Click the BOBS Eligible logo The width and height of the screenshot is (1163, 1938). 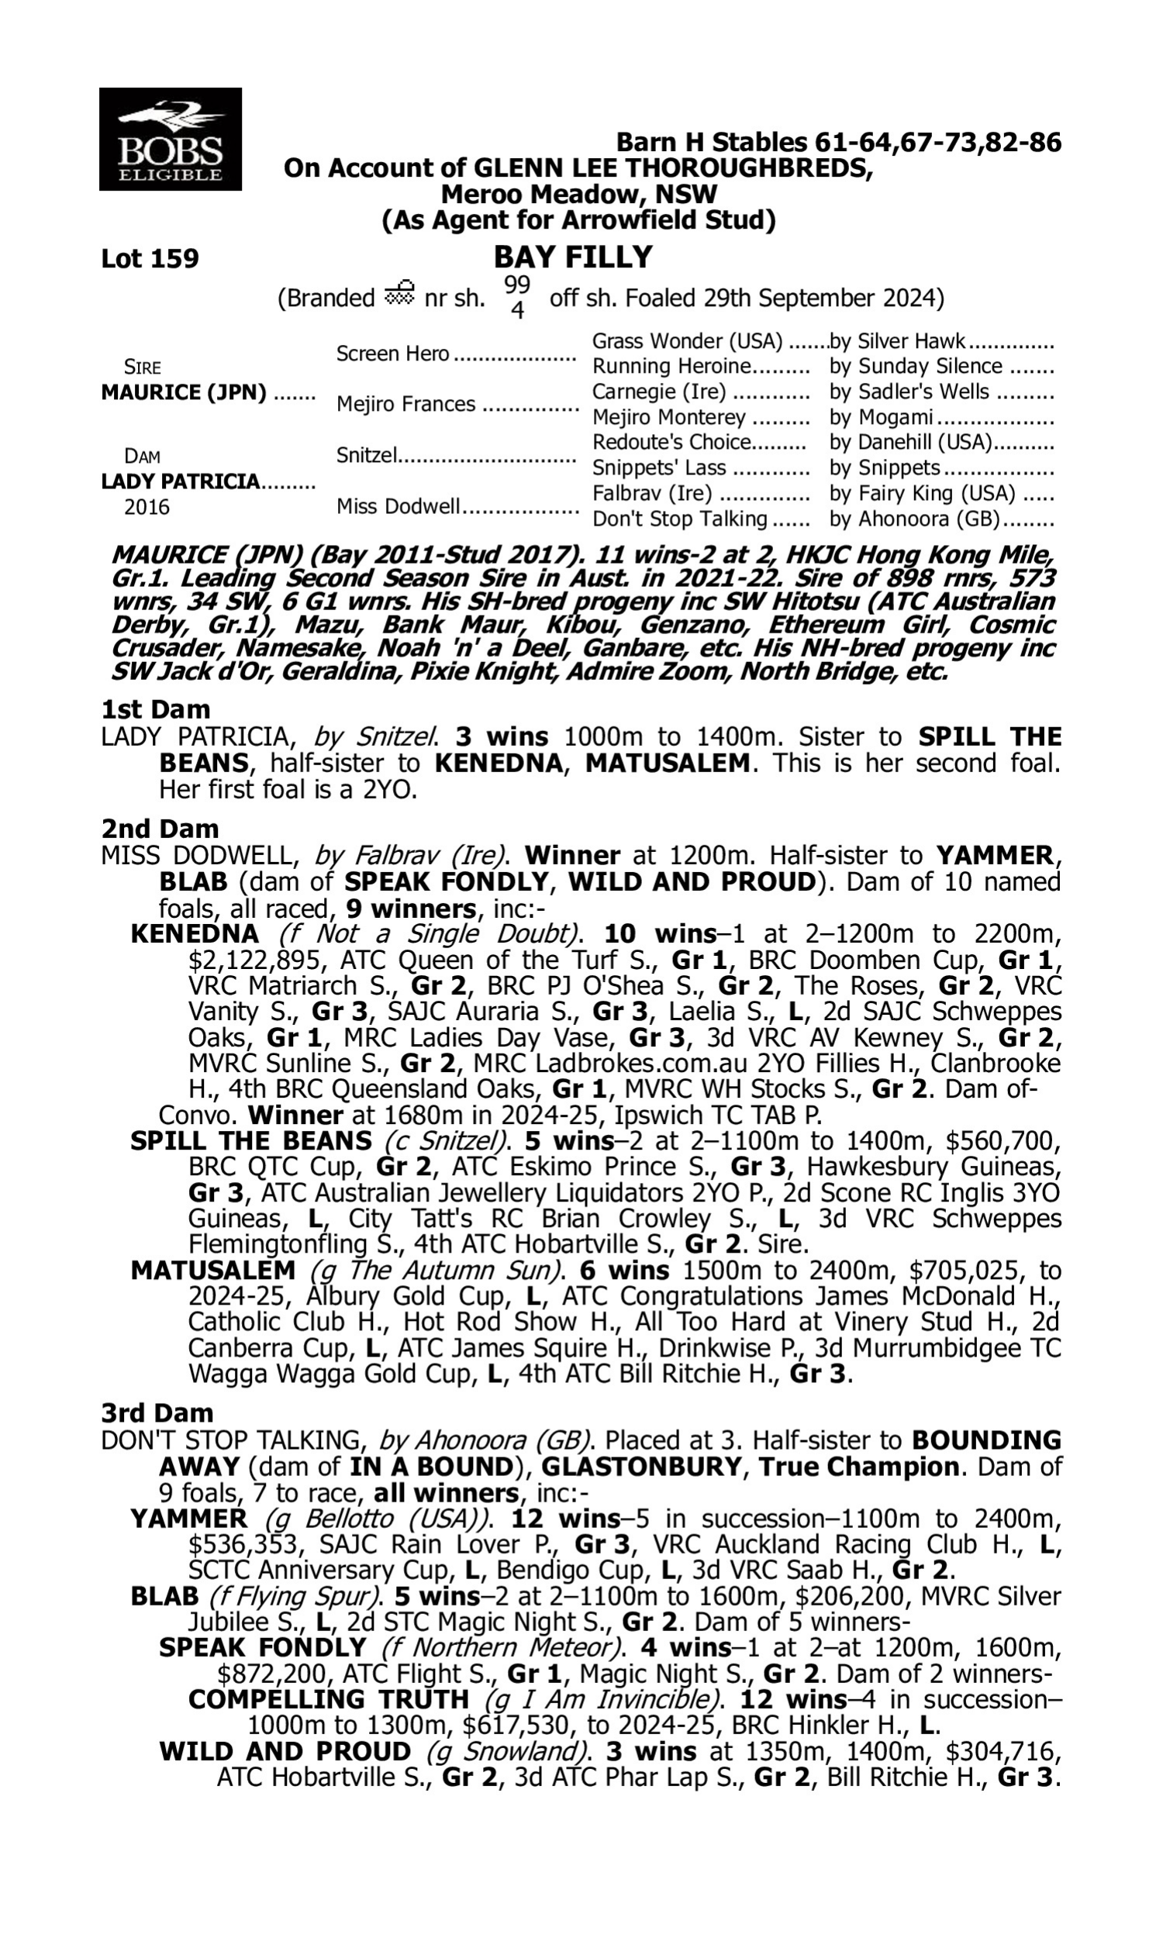[170, 139]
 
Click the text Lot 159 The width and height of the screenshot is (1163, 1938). [150, 258]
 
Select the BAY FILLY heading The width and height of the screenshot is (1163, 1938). [573, 257]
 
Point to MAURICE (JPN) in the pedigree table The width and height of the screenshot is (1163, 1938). [185, 391]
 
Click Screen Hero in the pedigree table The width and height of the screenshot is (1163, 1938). [392, 354]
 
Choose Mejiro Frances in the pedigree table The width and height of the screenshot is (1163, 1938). [406, 404]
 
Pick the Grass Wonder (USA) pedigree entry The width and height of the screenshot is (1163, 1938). [687, 342]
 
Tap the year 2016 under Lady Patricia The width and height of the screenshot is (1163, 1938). [147, 507]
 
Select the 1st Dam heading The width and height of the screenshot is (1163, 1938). [156, 710]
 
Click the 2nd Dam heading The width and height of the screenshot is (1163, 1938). [160, 829]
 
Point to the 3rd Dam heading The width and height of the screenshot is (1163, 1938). [157, 1413]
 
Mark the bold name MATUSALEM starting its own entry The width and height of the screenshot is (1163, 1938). [213, 1270]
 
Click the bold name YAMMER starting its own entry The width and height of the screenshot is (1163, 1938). [189, 1519]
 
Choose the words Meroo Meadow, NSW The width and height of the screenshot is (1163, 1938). [578, 194]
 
